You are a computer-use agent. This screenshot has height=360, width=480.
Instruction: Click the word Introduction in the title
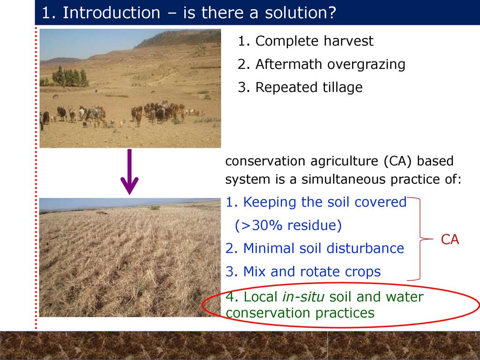(112, 13)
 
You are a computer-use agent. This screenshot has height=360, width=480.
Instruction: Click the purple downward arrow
(129, 172)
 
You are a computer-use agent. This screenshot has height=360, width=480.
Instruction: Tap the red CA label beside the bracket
(450, 240)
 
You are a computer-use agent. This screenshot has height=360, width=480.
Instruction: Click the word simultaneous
(344, 179)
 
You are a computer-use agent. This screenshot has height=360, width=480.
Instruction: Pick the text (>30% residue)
(288, 225)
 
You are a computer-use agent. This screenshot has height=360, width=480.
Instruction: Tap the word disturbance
(366, 248)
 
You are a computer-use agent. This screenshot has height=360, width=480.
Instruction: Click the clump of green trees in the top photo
(70, 77)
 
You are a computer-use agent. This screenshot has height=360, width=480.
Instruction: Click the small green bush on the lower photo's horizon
(155, 208)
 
